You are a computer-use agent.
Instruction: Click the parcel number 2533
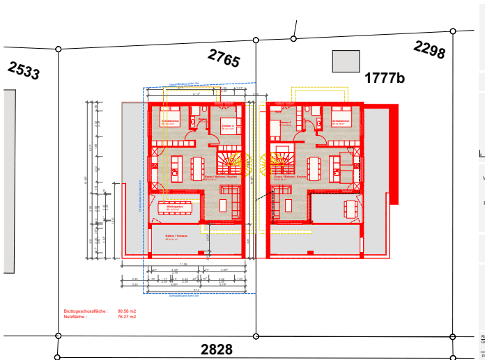[x=24, y=70]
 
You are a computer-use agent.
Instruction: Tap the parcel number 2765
[x=223, y=58]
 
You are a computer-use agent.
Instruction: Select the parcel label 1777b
[x=384, y=78]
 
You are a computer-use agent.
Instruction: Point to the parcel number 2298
[x=429, y=49]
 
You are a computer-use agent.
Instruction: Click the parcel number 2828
[x=217, y=349]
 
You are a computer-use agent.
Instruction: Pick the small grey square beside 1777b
[x=346, y=61]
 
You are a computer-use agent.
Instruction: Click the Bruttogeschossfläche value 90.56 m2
[x=126, y=311]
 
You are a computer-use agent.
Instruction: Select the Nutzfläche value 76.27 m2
[x=126, y=316]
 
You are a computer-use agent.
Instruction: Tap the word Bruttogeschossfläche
[x=82, y=311]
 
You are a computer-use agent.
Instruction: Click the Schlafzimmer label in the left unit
[x=171, y=120]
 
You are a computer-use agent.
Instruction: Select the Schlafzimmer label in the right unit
[x=341, y=120]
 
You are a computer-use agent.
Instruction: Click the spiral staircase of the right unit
[x=277, y=164]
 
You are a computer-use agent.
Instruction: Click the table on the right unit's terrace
[x=348, y=207]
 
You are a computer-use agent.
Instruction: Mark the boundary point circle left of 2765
[x=58, y=49]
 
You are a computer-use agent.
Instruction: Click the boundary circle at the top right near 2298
[x=453, y=31]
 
